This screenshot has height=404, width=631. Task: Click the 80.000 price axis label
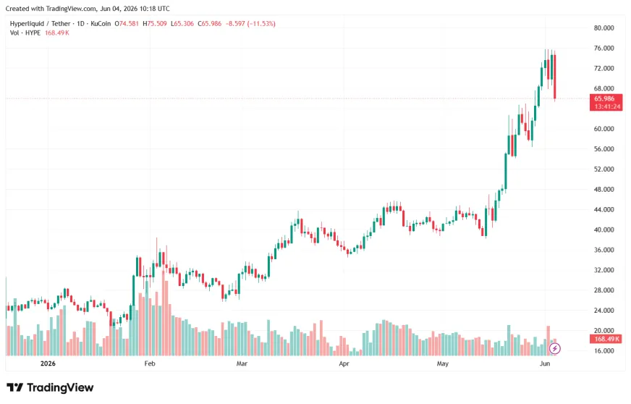click(604, 28)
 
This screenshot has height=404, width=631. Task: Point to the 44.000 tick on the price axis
click(604, 209)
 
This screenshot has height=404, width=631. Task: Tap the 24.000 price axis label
click(604, 310)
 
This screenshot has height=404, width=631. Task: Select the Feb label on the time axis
click(150, 363)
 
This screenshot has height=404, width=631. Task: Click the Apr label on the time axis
click(344, 363)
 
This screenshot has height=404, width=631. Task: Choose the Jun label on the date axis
click(544, 363)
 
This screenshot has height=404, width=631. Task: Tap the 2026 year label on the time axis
click(48, 363)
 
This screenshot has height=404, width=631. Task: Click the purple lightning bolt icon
click(555, 348)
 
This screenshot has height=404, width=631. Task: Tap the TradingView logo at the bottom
click(50, 387)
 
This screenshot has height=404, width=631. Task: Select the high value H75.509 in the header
click(155, 24)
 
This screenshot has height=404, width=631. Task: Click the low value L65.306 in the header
click(182, 24)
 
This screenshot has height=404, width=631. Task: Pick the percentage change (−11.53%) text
click(261, 24)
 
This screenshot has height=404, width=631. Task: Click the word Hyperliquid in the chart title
click(27, 24)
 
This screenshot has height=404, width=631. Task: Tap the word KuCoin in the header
click(101, 24)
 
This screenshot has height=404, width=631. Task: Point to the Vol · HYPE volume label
click(25, 33)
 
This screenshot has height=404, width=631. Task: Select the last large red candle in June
click(555, 77)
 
